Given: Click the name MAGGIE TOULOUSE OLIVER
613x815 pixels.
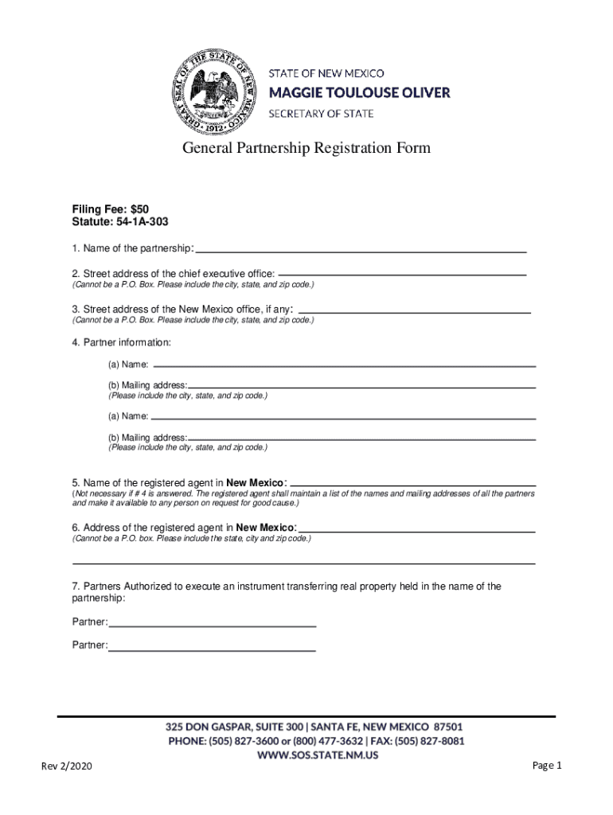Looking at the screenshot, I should [359, 93].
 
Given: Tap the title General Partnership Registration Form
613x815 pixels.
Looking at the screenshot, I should [306, 148].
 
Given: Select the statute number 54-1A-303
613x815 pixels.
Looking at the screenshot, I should [140, 221].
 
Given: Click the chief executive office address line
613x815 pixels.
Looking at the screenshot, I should [402, 274].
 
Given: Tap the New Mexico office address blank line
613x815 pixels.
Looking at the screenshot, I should [414, 311].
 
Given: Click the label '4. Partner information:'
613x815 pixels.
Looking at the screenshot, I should [121, 342].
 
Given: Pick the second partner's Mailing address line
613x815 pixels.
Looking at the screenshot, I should [361, 438].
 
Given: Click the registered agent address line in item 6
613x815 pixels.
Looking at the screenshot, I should [416, 530].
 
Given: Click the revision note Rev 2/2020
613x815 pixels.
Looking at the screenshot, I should [68, 767].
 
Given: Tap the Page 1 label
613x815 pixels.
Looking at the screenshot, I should [548, 766].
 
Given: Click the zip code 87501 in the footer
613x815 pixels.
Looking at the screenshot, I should [447, 727].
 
